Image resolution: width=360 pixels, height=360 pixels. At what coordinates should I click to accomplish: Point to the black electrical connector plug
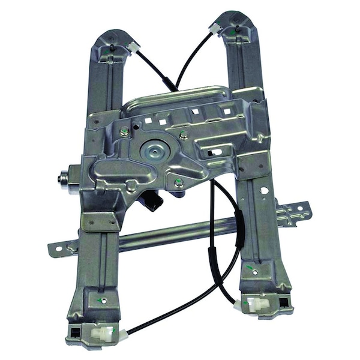click(x=152, y=202)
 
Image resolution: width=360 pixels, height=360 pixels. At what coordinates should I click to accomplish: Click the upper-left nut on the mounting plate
click(x=124, y=132)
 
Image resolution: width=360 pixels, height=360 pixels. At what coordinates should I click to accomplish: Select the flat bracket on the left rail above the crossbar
click(x=100, y=221)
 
